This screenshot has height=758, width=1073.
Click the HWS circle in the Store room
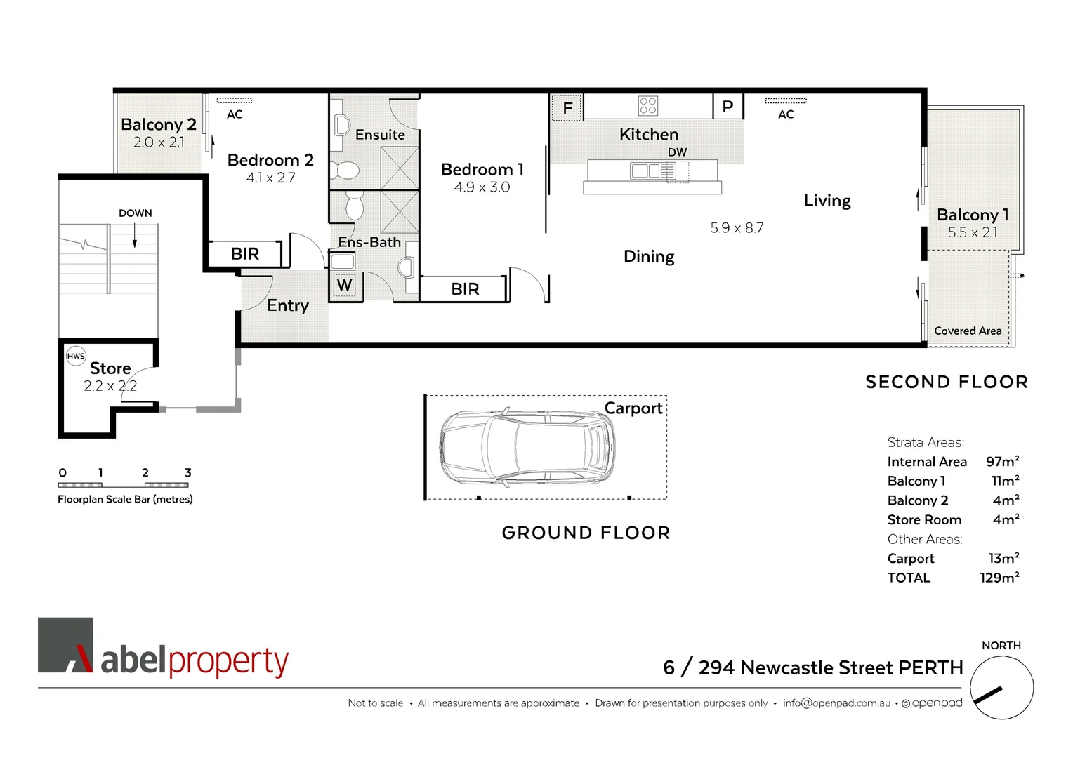point(76,356)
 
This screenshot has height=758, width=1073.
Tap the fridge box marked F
point(567,108)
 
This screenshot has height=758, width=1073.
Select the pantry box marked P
point(728,107)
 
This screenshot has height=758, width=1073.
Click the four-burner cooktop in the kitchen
point(647,106)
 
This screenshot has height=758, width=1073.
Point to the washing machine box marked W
point(344,285)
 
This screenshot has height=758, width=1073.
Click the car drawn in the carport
point(527,446)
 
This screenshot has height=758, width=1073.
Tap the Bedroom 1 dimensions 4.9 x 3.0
point(482,187)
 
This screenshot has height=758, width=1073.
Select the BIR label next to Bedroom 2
point(245,254)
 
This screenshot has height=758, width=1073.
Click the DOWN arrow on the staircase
point(135,238)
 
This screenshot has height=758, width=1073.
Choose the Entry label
point(288,305)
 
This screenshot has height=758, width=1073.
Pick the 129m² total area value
point(999,578)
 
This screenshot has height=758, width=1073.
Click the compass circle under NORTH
point(1001,688)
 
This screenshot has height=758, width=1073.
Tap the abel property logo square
point(65,645)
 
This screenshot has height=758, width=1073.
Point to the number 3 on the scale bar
point(187,472)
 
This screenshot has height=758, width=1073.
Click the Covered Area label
point(968,331)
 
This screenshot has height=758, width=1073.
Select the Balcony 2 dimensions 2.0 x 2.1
point(159,142)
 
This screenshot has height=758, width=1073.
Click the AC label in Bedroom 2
point(235,114)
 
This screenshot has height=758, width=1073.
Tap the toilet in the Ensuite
point(346,170)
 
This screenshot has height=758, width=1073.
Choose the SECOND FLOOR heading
point(947,382)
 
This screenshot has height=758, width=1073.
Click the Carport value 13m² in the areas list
point(1003,558)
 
